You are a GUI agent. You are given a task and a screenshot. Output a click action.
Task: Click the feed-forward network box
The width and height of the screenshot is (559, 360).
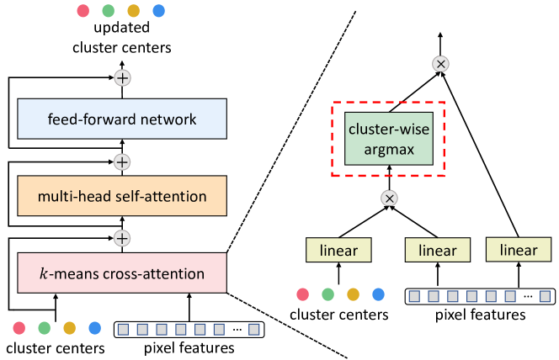pyautogui.click(x=123, y=119)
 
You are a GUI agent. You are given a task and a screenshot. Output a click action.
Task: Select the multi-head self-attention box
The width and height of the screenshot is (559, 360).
pyautogui.click(x=123, y=196)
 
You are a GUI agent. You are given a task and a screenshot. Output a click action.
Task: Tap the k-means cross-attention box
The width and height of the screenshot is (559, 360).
pyautogui.click(x=123, y=273)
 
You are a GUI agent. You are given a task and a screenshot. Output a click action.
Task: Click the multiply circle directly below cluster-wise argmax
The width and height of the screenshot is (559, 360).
pyautogui.click(x=388, y=199)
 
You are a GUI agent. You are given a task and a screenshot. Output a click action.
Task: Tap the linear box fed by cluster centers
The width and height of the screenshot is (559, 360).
pyautogui.click(x=339, y=250)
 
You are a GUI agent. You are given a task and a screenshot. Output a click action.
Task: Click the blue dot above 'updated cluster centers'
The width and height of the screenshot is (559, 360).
pyautogui.click(x=159, y=11)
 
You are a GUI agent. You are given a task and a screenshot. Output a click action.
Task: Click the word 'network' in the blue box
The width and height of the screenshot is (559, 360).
pyautogui.click(x=169, y=119)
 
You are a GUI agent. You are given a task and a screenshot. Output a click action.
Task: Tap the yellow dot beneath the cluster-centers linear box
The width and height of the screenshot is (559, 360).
pyautogui.click(x=353, y=294)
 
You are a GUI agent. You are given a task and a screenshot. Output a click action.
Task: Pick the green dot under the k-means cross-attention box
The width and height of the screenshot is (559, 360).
pyautogui.click(x=43, y=327)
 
